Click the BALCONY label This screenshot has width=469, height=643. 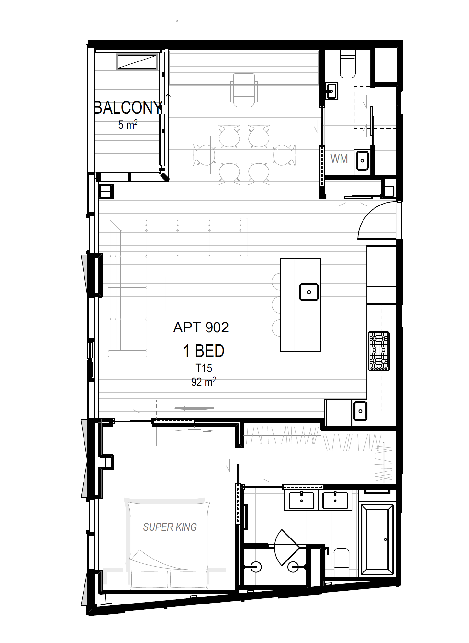[127, 107]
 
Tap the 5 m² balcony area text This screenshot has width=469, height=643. [128, 125]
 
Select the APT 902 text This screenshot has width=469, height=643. [201, 327]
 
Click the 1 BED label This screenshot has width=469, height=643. [204, 351]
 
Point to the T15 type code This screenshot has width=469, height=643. [204, 368]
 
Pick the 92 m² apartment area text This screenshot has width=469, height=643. [204, 382]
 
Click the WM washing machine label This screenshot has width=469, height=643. [339, 159]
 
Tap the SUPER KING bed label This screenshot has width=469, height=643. [170, 527]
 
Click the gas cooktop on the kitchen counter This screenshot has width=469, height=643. [379, 351]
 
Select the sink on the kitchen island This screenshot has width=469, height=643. [309, 292]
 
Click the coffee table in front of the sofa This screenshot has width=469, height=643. [182, 294]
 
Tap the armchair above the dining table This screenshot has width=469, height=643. [244, 90]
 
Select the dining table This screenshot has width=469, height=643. [244, 155]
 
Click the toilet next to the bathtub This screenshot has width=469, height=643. [341, 562]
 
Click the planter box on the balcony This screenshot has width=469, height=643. [137, 62]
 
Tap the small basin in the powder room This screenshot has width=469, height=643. [331, 91]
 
